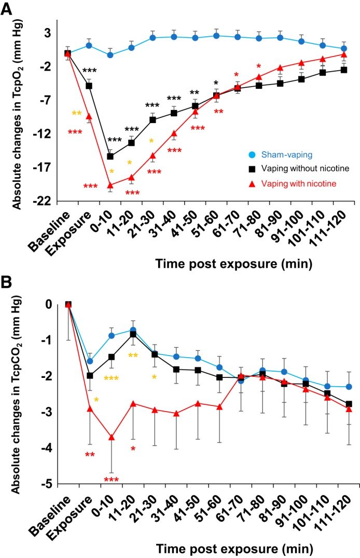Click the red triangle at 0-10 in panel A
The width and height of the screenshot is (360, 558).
[x=110, y=185]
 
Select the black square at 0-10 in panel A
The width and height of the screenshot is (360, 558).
[x=110, y=156]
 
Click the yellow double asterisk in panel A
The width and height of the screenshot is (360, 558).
[x=76, y=113]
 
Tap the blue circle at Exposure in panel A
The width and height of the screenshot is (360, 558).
[x=89, y=45]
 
